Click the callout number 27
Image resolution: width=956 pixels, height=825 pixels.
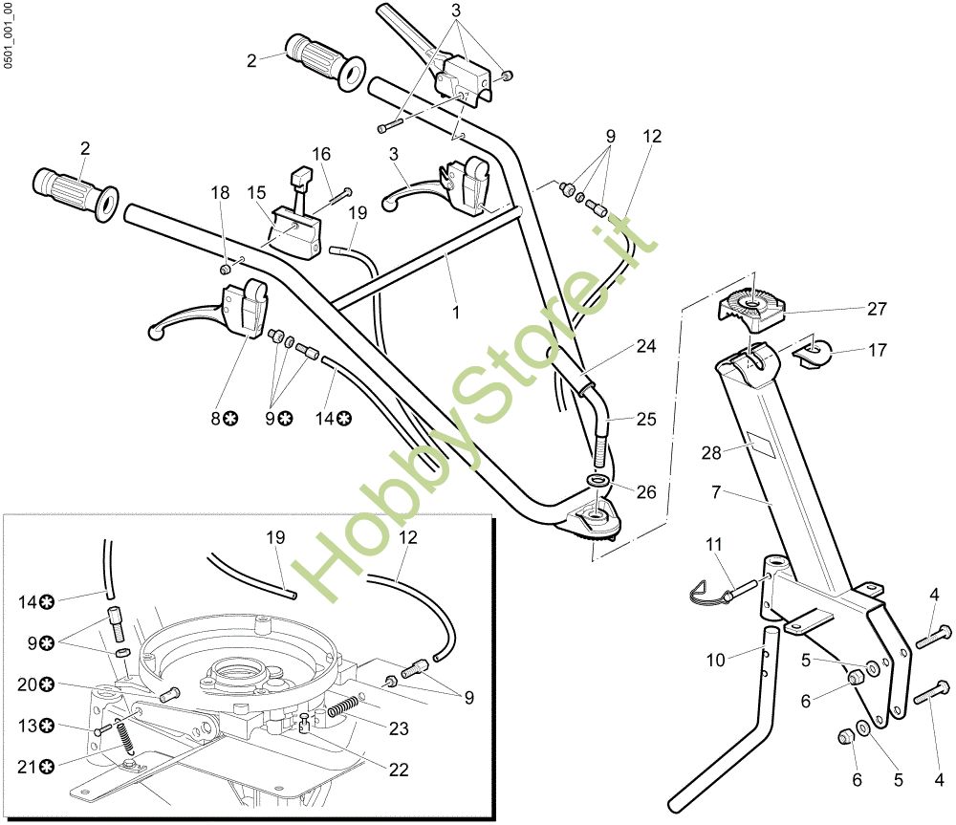coord(877,309)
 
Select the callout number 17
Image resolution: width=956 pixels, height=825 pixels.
coord(877,351)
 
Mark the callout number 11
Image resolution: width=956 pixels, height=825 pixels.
coord(715,545)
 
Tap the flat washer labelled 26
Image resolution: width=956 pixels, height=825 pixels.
coord(599,479)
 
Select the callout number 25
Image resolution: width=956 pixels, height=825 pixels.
coord(647,418)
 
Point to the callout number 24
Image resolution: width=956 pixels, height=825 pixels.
coord(646,346)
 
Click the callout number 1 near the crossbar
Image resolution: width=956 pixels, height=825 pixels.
coord(456,312)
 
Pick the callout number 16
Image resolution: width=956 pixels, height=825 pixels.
coord(321,153)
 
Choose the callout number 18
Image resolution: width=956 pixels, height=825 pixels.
coord(221,192)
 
